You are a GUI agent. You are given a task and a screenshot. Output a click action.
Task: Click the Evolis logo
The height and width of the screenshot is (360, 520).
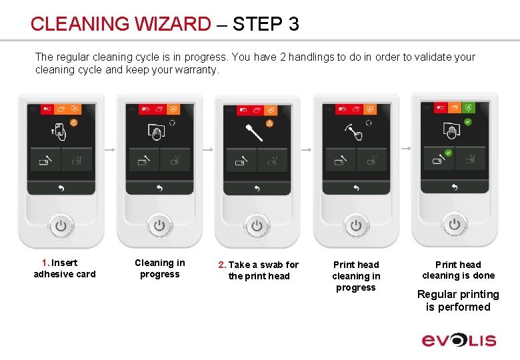[x=459, y=341]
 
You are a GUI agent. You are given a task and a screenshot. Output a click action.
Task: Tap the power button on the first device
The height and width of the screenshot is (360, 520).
[x=61, y=227]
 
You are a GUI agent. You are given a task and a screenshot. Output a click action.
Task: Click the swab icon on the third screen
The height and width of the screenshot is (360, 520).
[x=254, y=133]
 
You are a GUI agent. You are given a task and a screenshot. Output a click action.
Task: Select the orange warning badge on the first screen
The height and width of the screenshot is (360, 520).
[x=73, y=123]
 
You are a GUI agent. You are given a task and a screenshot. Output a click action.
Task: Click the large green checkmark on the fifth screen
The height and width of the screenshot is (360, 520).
[x=467, y=122]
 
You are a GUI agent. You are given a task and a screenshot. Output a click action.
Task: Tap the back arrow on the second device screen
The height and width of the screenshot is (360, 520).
[x=159, y=188]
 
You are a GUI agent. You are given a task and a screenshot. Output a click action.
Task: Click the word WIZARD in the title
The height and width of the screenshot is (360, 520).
[x=172, y=24]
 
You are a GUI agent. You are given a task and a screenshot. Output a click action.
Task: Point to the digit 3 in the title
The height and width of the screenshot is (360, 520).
[x=293, y=24]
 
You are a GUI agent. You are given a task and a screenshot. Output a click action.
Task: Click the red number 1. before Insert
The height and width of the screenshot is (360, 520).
[x=46, y=263]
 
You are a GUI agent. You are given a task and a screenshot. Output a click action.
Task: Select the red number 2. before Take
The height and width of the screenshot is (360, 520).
[x=222, y=265]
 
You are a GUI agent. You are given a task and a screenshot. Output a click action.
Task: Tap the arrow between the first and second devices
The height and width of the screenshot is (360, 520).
[x=110, y=150]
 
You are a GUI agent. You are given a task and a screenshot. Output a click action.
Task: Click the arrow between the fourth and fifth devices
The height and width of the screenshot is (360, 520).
[x=406, y=149]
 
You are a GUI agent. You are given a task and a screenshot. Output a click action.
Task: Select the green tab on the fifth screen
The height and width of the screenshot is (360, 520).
[x=468, y=108]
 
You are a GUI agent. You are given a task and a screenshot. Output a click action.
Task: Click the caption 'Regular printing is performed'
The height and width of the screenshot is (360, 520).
[x=458, y=301]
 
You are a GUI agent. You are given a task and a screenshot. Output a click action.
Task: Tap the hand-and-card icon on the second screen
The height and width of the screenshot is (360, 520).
[x=156, y=131]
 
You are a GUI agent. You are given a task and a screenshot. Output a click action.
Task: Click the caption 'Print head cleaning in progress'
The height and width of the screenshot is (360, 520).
[x=356, y=276]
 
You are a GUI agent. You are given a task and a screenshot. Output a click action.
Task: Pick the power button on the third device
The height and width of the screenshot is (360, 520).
[x=257, y=227]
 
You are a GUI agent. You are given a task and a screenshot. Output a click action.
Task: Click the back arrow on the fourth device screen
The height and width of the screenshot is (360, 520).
[x=356, y=188]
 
